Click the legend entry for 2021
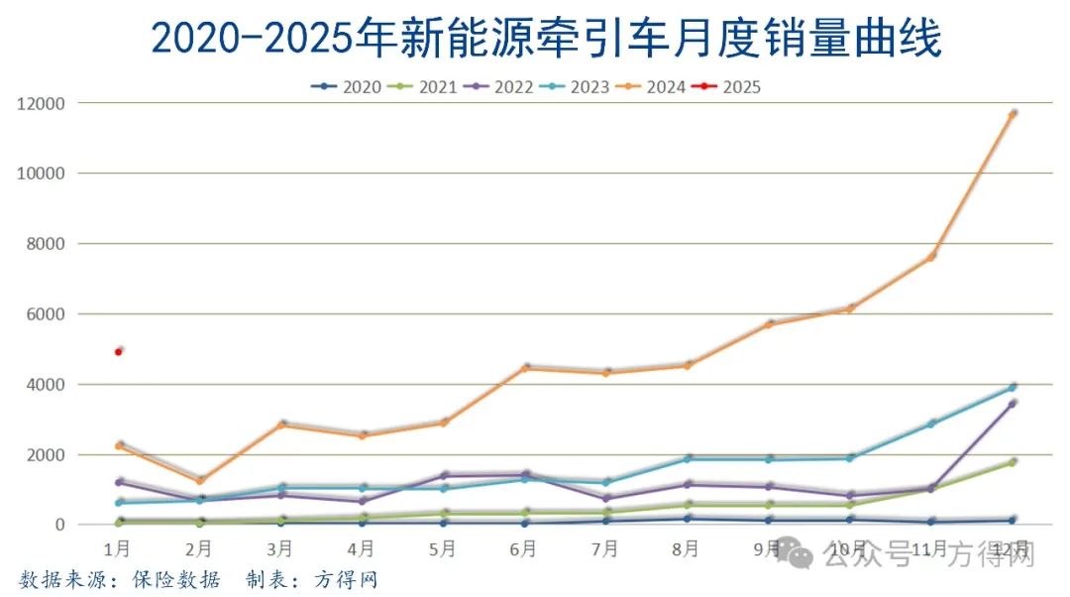point(426,87)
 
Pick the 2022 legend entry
point(502,87)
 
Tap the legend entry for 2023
point(579,87)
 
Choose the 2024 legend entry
point(655,87)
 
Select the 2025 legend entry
point(731,87)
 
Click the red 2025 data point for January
point(119,351)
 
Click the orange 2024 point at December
point(1012,114)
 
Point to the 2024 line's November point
point(931,256)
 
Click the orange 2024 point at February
point(199,480)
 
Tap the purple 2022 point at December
point(1012,403)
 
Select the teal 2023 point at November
point(931,423)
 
